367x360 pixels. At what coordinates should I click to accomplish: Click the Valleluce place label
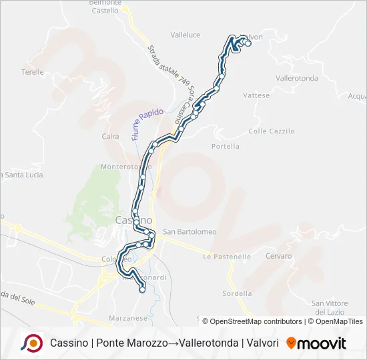pyautogui.click(x=185, y=35)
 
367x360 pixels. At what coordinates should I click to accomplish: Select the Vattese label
pyautogui.click(x=256, y=95)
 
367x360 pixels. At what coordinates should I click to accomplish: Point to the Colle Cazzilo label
pyautogui.click(x=272, y=131)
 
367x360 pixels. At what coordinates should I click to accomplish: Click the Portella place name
pyautogui.click(x=225, y=146)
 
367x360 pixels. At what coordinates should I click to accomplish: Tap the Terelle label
pyautogui.click(x=32, y=72)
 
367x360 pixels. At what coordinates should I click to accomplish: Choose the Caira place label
pyautogui.click(x=110, y=137)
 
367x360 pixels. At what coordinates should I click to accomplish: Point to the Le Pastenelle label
pyautogui.click(x=228, y=256)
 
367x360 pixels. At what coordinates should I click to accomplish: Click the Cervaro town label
pyautogui.click(x=278, y=256)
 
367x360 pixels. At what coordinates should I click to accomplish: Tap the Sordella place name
pyautogui.click(x=238, y=293)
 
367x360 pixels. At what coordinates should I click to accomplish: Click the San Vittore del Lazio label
pyautogui.click(x=329, y=307)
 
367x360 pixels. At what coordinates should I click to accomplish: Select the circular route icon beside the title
pyautogui.click(x=31, y=343)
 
